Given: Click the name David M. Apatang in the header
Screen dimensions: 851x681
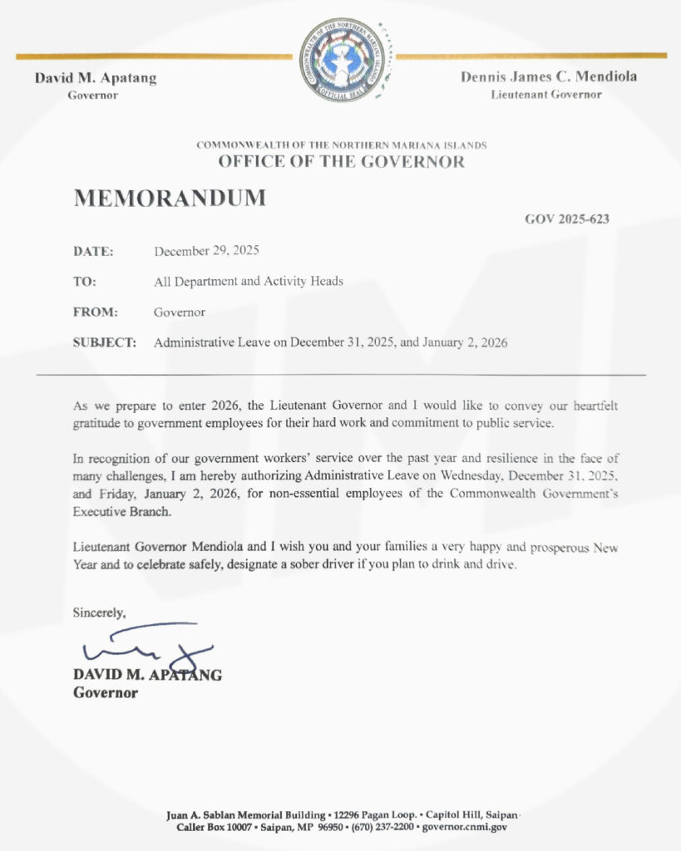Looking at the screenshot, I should coord(96,79).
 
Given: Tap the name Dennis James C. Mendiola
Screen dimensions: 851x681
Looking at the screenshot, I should coord(548,77).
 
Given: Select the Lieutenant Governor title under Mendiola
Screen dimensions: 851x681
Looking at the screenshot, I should coord(546,95).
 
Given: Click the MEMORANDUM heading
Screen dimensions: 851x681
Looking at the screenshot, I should coord(170,199).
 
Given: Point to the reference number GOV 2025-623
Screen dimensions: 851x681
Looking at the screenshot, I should coord(567,219).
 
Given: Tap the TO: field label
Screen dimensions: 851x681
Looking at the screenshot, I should coord(85,282).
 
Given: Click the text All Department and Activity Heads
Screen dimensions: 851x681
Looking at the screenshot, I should coord(249,282).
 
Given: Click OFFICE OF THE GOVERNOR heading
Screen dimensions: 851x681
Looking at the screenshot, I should coord(342,162).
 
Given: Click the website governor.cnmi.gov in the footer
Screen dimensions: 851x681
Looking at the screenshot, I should coord(465,827).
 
